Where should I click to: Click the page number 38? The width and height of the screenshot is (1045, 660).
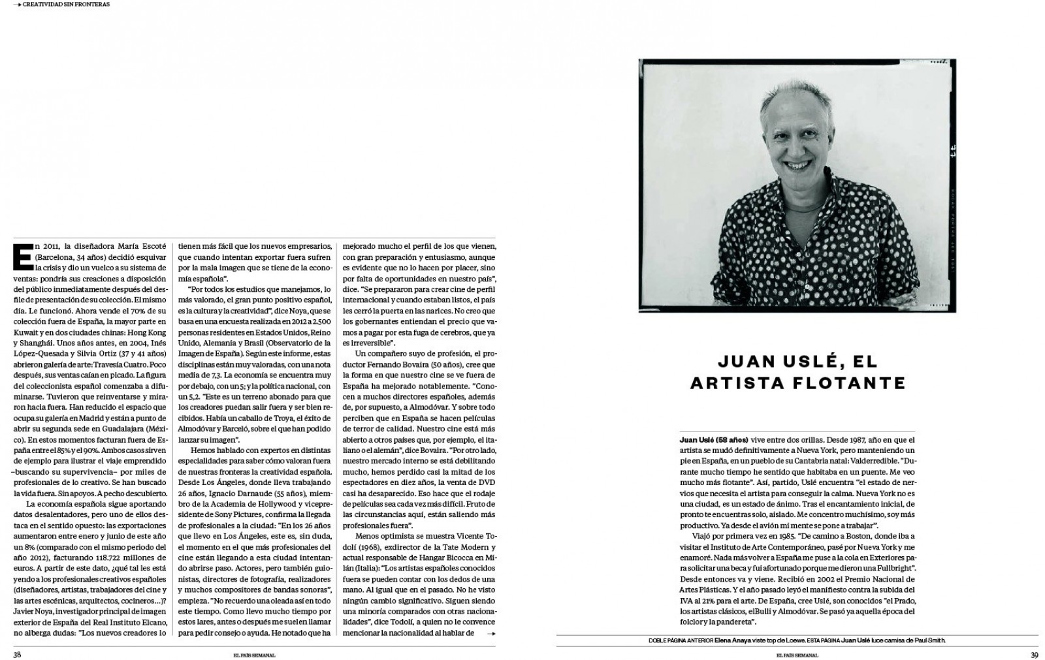(18, 654)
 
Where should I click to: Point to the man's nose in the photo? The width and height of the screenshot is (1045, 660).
(793, 144)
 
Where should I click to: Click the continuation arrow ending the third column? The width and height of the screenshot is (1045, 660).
(491, 633)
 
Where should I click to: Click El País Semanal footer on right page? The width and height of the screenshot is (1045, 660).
(797, 655)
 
